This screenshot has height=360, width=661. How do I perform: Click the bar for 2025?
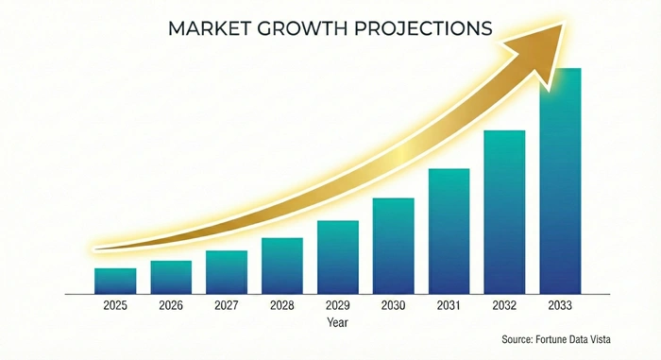[115, 281]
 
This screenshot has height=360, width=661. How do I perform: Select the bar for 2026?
[171, 277]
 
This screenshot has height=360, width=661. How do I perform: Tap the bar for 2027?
[227, 272]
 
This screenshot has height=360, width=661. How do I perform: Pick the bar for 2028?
[282, 266]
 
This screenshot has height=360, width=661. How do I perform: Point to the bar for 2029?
[337, 257]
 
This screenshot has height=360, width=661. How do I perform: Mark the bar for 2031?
[449, 231]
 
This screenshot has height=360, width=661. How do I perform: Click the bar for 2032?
[504, 212]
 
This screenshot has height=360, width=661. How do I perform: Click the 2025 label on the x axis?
[115, 306]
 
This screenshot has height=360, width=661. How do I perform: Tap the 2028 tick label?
[282, 306]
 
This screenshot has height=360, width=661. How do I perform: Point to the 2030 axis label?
[393, 306]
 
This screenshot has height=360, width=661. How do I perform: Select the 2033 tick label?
[560, 306]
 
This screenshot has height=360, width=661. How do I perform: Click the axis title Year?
[337, 322]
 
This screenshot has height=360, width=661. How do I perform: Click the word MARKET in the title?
[209, 28]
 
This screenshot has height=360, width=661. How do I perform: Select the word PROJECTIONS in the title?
[429, 28]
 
